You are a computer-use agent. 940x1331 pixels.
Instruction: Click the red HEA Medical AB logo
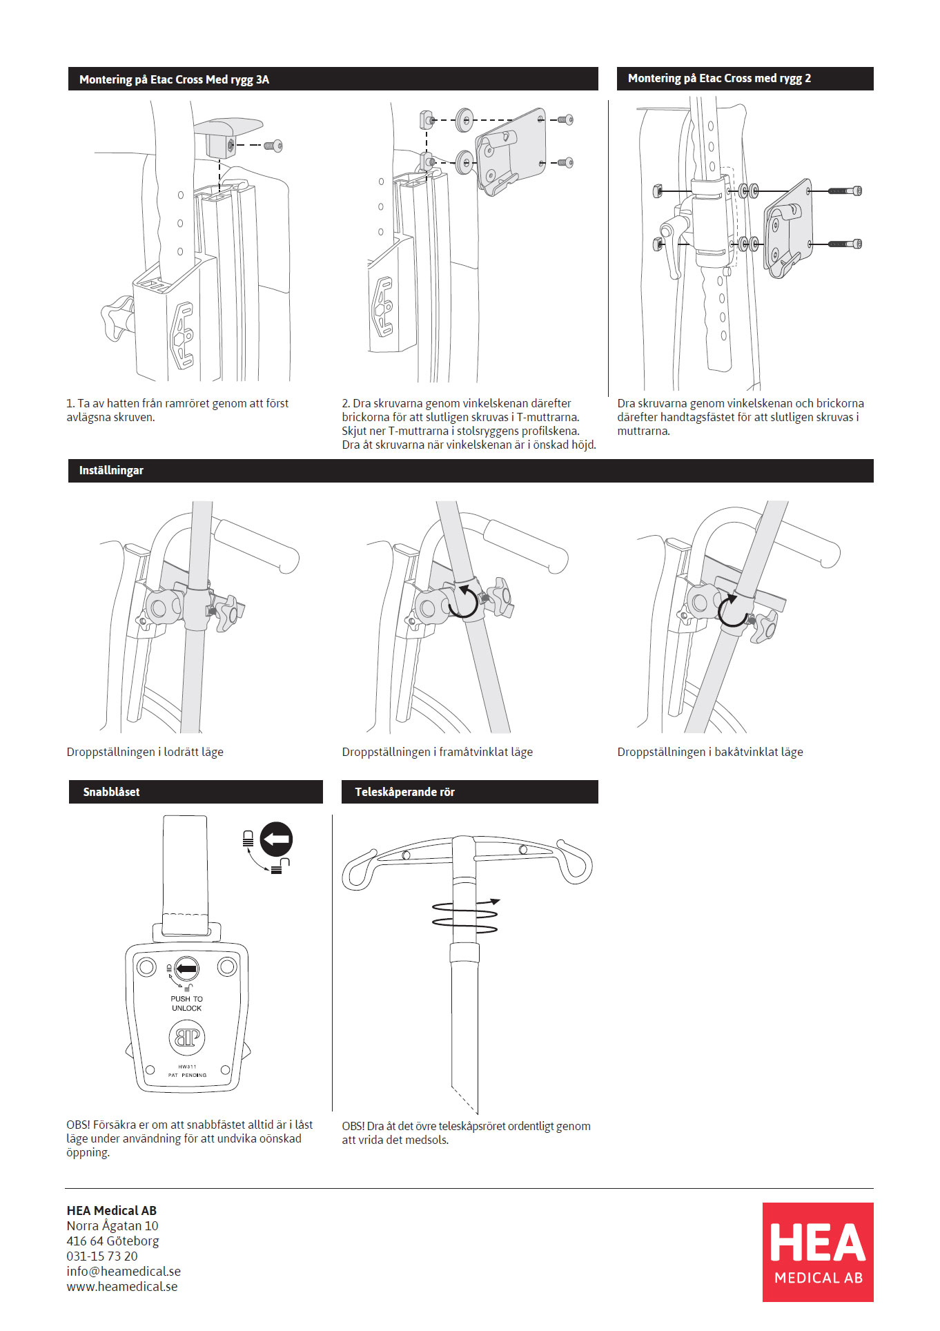pos(817,1252)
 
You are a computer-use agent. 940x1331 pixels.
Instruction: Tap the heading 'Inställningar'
pos(111,470)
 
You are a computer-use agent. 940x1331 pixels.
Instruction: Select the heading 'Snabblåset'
pos(111,792)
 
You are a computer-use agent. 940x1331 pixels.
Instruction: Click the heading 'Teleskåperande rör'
pos(404,792)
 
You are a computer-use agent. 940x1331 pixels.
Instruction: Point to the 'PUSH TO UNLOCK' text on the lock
pos(186,1003)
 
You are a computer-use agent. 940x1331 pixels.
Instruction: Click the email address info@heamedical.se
pos(124,1271)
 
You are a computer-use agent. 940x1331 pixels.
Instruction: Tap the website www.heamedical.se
pos(122,1286)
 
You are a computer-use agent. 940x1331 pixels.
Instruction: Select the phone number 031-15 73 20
pos(102,1256)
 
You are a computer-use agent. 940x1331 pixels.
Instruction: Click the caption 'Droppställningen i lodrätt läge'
pos(145,752)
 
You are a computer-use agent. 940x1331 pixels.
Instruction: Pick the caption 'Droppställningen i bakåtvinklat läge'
pos(710,752)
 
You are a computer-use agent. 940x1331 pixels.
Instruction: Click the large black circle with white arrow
pos(276,839)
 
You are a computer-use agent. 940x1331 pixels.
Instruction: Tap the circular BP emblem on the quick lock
pos(187,1037)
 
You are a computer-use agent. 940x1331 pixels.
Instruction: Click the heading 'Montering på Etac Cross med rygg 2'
pos(719,79)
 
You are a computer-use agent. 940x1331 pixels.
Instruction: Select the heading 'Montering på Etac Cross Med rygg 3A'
pos(174,79)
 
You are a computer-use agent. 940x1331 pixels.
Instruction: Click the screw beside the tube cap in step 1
pos(277,146)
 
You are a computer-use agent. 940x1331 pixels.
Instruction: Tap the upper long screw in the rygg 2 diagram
pos(845,191)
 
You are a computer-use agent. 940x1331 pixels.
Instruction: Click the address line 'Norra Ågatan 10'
pos(112,1225)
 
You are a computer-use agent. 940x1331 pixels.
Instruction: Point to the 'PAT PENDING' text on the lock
pos(187,1075)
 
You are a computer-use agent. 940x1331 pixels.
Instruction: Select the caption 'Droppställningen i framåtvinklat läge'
pos(438,752)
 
